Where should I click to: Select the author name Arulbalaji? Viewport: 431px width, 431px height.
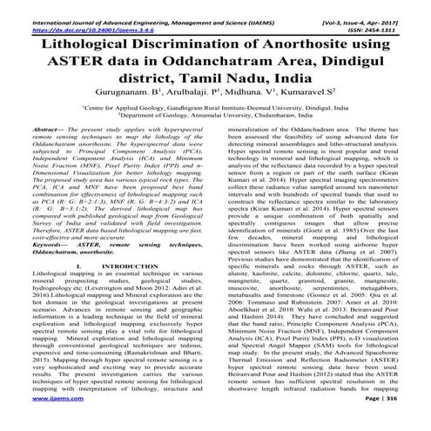192,98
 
